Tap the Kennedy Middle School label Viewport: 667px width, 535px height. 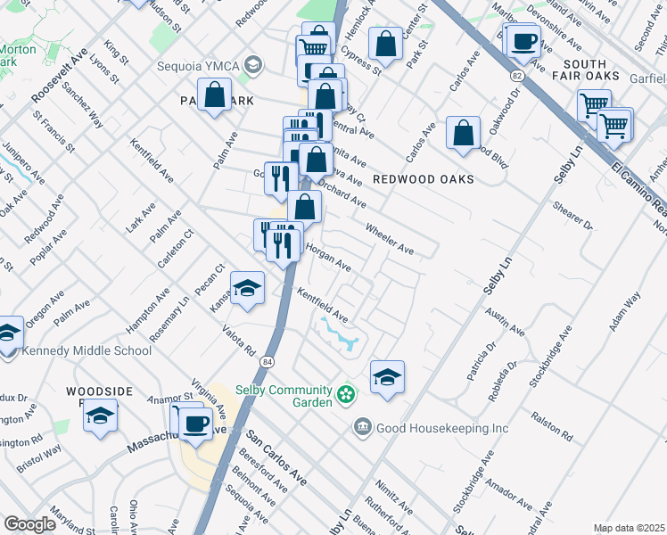(x=88, y=350)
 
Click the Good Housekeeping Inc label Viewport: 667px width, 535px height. (x=441, y=428)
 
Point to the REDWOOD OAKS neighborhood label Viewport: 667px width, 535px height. (x=423, y=179)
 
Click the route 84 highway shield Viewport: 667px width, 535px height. (x=268, y=361)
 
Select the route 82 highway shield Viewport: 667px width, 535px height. (x=516, y=78)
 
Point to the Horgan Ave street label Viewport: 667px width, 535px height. (x=328, y=259)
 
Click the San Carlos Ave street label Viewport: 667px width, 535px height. (x=276, y=459)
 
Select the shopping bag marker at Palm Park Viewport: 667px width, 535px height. (x=215, y=95)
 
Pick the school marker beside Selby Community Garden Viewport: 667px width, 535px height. (x=387, y=377)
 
